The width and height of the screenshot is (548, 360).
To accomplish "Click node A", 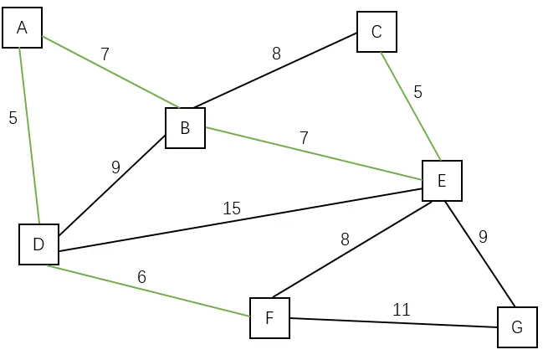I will click(x=22, y=28).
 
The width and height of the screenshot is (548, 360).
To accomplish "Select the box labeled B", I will click(x=185, y=128).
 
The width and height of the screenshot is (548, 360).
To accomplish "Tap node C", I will click(x=376, y=32).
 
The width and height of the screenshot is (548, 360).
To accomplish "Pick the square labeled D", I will click(x=38, y=244).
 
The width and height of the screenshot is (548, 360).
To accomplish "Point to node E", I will click(x=442, y=180).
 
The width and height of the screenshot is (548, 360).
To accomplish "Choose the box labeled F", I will click(x=269, y=318).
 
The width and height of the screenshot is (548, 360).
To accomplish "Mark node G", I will click(x=517, y=327).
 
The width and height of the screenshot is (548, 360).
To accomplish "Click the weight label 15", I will click(x=232, y=208).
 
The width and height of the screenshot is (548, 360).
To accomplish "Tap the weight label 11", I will click(x=402, y=310).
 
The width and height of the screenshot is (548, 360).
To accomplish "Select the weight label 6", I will click(x=141, y=276).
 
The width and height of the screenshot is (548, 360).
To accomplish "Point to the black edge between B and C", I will click(x=276, y=70).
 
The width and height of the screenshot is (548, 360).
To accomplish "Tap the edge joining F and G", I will click(x=393, y=322).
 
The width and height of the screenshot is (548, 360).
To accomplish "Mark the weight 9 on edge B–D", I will click(x=115, y=167).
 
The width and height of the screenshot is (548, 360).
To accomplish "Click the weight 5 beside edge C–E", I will click(x=417, y=92).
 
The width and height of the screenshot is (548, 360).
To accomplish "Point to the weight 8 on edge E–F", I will click(x=345, y=239).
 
